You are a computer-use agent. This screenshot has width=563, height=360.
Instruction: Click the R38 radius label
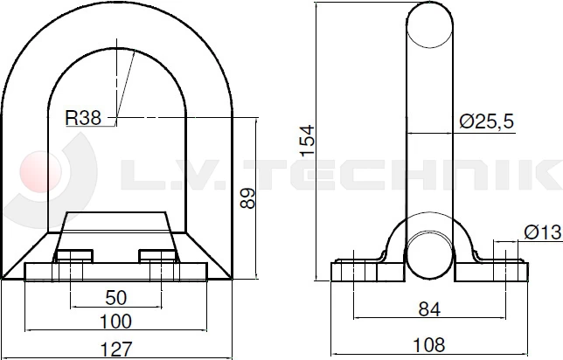(84, 115)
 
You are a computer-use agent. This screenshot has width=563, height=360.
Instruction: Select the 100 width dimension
(116, 322)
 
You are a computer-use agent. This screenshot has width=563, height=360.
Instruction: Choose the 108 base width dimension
(428, 343)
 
